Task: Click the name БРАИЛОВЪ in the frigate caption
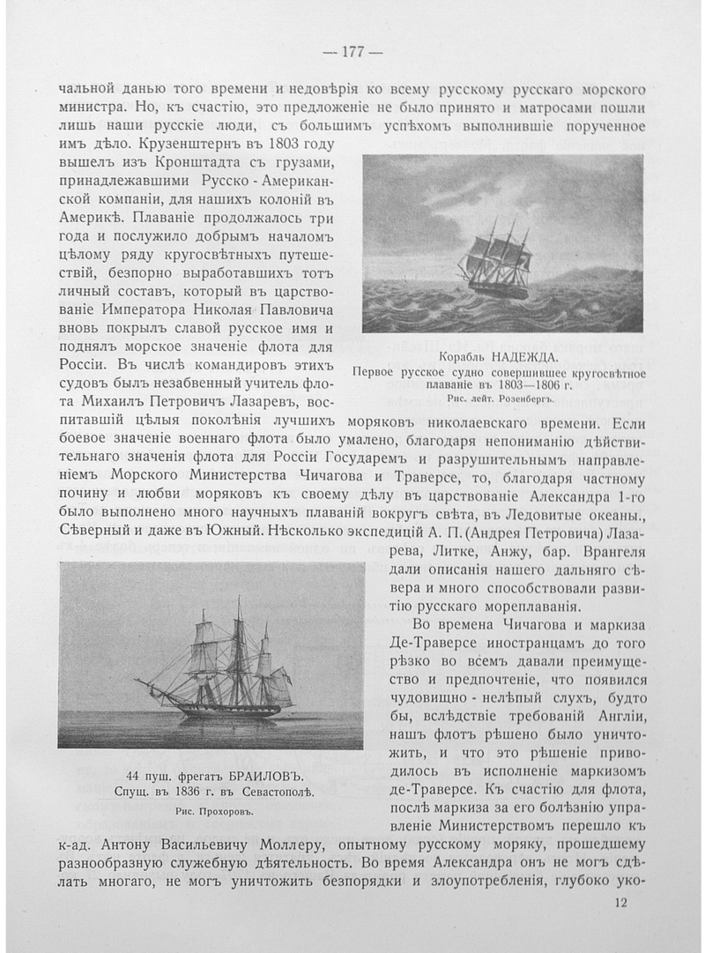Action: coord(255,777)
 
